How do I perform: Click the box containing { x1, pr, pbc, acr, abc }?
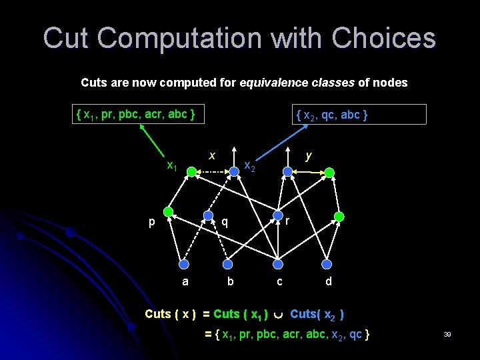137,115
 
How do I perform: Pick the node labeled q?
209,217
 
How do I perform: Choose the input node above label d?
327,261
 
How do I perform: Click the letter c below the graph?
279,282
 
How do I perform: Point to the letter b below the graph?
230,282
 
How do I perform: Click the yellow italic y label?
308,155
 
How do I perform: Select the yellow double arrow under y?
308,173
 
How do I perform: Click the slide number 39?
447,334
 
